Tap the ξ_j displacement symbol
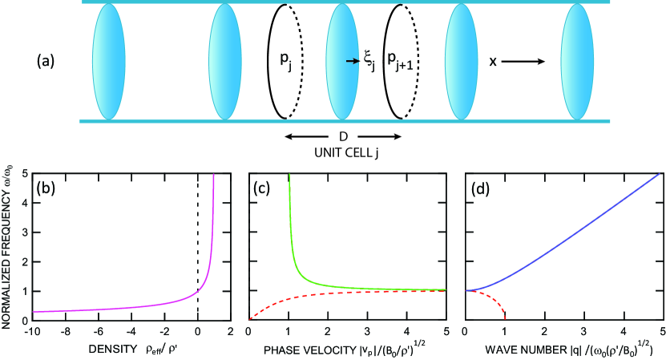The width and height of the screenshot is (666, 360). pos(368,62)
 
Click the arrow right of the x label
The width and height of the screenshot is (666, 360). pos(525,61)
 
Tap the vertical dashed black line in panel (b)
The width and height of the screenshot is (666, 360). pos(197,241)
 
